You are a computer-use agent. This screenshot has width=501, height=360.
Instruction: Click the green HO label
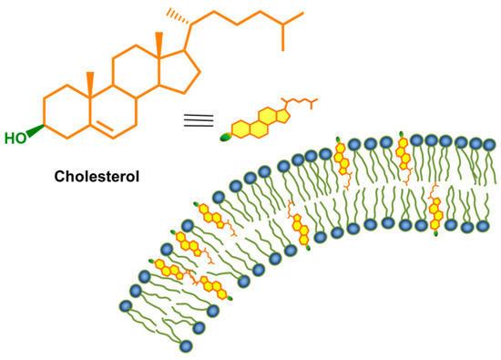[15, 139]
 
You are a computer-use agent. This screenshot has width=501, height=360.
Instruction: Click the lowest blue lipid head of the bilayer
[187, 345]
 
